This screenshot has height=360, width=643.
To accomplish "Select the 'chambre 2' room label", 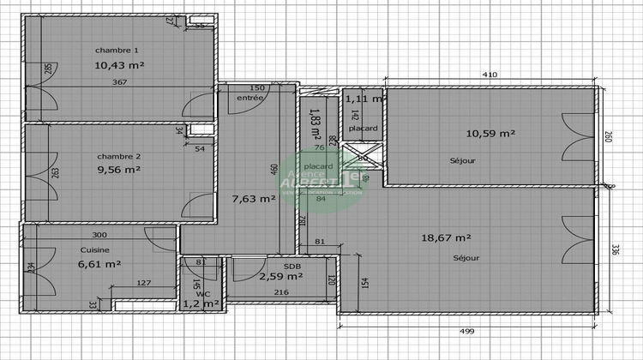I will pyautogui.click(x=119, y=156).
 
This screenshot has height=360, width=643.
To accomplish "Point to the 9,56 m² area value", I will pyautogui.click(x=119, y=170).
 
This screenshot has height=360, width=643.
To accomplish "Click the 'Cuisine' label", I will pyautogui.click(x=94, y=249).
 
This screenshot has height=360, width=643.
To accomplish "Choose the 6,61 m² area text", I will pyautogui.click(x=99, y=265).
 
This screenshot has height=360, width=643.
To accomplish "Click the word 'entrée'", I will pyautogui.click(x=249, y=99).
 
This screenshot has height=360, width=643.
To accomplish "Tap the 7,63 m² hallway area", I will pyautogui.click(x=254, y=198).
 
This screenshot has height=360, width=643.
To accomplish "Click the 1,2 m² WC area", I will pyautogui.click(x=201, y=303).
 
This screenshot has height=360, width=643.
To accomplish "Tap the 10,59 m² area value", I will pyautogui.click(x=490, y=133).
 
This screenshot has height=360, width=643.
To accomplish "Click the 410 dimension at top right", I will pyautogui.click(x=490, y=75).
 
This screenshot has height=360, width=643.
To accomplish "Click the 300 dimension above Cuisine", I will pyautogui.click(x=99, y=235).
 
